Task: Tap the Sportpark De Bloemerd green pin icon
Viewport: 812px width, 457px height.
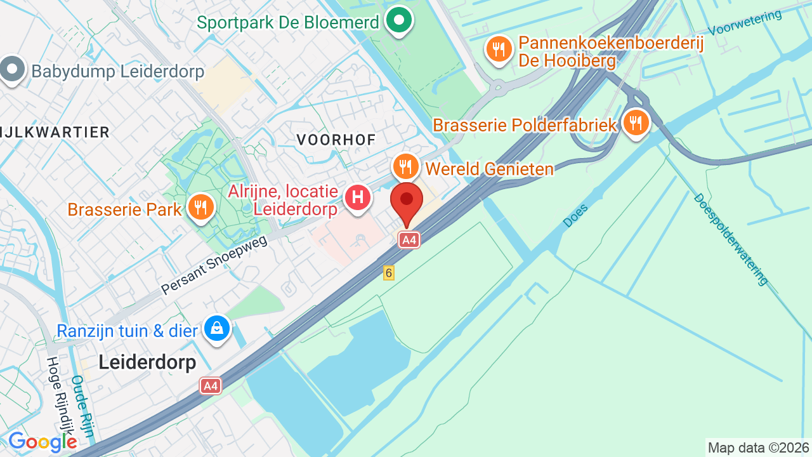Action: [398, 20]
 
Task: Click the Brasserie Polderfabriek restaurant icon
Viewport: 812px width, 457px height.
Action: [636, 123]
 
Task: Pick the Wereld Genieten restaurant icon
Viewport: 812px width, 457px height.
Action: [406, 167]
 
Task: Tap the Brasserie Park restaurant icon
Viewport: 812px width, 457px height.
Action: [201, 208]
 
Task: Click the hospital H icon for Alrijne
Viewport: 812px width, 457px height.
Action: [358, 197]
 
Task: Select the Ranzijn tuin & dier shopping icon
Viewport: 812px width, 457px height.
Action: [218, 329]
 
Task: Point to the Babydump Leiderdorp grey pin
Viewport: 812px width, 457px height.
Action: [12, 70]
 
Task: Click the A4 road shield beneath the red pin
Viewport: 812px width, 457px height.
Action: [409, 240]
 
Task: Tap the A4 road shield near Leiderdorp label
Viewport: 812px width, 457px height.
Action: [211, 385]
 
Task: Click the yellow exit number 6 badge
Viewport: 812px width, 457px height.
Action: [389, 273]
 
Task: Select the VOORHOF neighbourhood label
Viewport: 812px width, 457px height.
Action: [336, 140]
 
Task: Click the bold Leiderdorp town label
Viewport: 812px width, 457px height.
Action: [147, 362]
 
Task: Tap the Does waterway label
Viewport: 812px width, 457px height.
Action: [575, 215]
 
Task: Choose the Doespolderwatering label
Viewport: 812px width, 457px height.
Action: [731, 239]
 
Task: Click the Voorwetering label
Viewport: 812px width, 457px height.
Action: [745, 23]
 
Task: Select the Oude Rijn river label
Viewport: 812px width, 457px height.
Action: [83, 406]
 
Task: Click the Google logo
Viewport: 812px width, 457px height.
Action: [42, 442]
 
